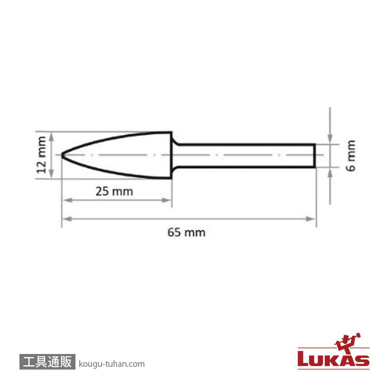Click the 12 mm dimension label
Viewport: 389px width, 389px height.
pyautogui.click(x=42, y=155)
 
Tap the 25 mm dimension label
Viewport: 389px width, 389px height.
pyautogui.click(x=114, y=191)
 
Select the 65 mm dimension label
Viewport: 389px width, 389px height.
pyautogui.click(x=187, y=233)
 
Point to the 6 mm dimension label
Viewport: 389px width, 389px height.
pyautogui.click(x=350, y=156)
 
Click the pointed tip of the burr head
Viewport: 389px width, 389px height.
pyautogui.click(x=61, y=155)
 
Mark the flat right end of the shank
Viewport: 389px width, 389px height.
pyautogui.click(x=315, y=156)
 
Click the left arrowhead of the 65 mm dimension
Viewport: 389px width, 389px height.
pyautogui.click(x=67, y=219)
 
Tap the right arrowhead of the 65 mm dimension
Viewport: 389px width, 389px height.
pyautogui.click(x=311, y=219)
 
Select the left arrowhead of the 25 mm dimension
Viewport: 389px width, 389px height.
pyautogui.click(x=67, y=200)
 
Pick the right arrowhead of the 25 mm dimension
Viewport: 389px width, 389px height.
pyautogui.click(x=166, y=200)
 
